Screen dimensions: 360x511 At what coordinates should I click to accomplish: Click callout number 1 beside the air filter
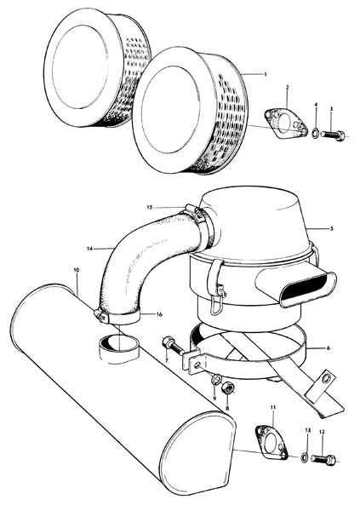[x=266, y=74]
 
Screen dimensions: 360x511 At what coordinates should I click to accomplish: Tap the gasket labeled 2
[x=286, y=123]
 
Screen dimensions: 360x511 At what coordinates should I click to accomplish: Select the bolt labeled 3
[x=333, y=135]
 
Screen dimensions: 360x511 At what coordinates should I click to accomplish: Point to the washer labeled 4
[x=316, y=133]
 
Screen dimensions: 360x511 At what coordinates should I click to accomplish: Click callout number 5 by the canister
[x=332, y=228]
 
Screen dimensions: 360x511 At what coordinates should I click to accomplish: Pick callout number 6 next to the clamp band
[x=328, y=348]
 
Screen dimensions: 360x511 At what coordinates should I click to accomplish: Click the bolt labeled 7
[x=173, y=347]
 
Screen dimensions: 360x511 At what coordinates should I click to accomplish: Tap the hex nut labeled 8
[x=226, y=388]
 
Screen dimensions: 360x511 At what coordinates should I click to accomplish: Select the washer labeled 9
[x=216, y=379]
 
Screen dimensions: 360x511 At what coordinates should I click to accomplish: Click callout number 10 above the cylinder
[x=77, y=270]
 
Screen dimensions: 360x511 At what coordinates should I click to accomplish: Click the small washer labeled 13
[x=304, y=457]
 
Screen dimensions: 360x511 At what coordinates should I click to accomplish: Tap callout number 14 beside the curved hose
[x=89, y=249]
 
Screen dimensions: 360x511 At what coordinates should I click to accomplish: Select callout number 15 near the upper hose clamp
[x=149, y=207]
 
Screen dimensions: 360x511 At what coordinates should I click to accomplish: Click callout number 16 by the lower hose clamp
[x=159, y=314]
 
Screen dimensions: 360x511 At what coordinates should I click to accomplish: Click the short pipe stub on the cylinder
[x=118, y=347]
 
